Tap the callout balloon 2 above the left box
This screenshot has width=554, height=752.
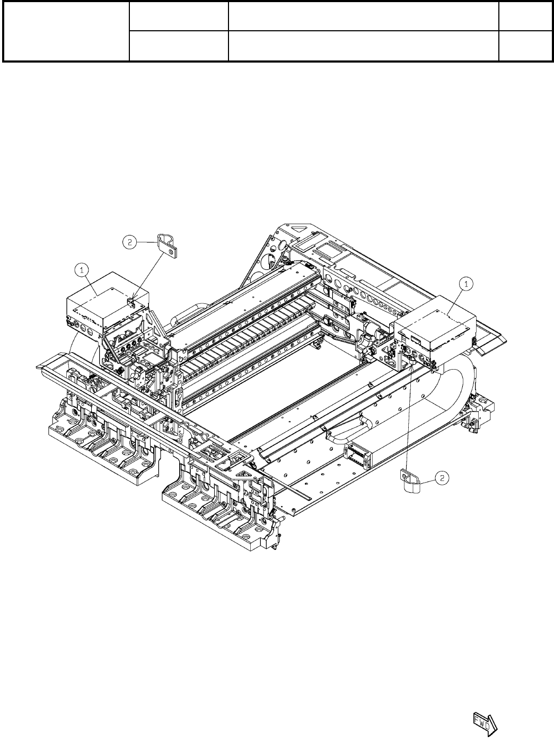pos(129,242)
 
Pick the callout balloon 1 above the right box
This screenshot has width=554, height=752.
pos(466,284)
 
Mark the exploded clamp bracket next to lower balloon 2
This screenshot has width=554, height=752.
pos(410,482)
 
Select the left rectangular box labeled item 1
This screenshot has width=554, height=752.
pos(108,303)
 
